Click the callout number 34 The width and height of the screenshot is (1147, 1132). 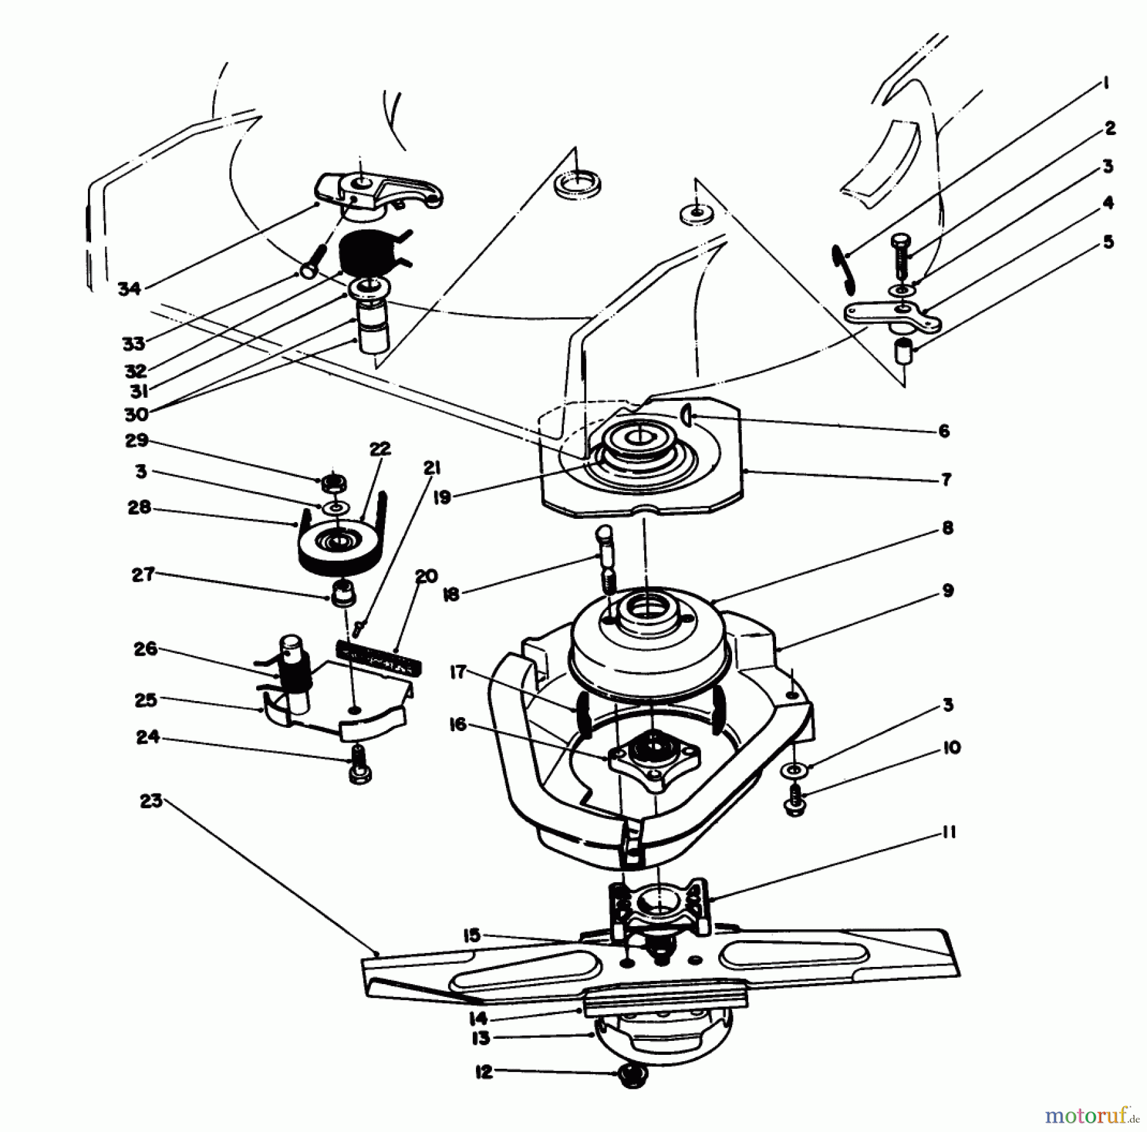129,289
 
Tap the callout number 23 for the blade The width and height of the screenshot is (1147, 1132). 151,801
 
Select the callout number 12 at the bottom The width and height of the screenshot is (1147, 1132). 484,1073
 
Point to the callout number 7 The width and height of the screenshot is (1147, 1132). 946,479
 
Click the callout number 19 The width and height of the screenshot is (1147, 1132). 442,497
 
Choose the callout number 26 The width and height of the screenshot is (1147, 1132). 145,650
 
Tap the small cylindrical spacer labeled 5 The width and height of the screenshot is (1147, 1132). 903,351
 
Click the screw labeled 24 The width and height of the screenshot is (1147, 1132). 360,764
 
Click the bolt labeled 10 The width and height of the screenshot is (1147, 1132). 795,799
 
